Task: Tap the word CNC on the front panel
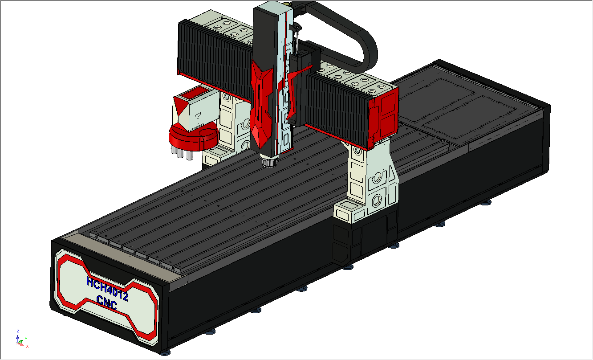107,303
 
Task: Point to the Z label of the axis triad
18,331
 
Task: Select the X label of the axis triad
27,346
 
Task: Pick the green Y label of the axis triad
26,339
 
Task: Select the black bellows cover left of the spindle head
215,57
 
